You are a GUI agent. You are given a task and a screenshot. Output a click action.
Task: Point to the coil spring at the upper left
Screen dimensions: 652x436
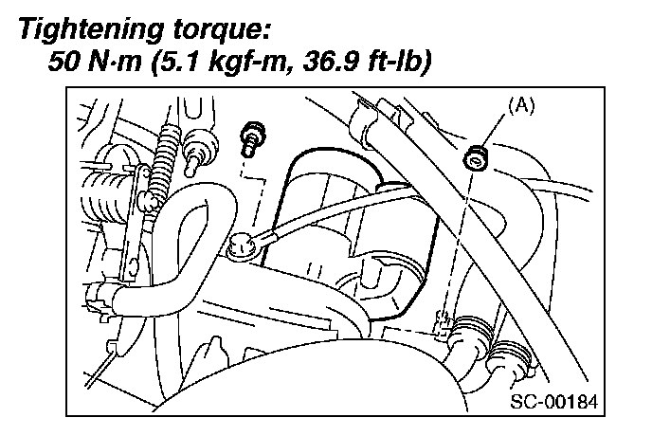coord(168,148)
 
